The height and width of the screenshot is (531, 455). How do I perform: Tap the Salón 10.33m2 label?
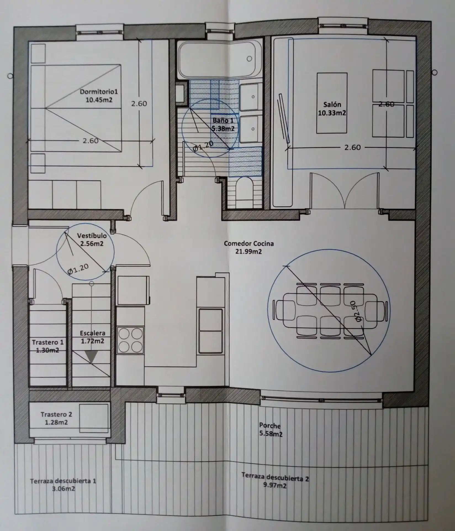point(332,109)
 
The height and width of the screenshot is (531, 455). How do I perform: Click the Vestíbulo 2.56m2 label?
point(92,240)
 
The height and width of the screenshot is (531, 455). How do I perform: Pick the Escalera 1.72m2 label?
point(92,337)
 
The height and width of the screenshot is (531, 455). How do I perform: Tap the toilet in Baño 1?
point(245,191)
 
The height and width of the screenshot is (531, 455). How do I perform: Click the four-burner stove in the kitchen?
point(130,340)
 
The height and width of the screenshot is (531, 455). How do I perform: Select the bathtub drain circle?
point(249,59)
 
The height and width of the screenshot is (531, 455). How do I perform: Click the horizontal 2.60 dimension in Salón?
point(353,147)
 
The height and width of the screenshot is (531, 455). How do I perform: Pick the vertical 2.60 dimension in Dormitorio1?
point(139,104)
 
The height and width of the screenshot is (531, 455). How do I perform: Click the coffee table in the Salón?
point(332,103)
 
